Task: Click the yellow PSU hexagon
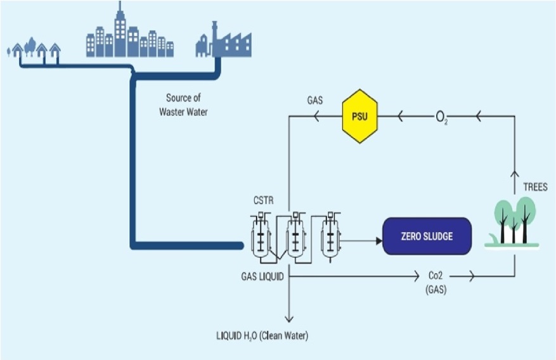click(x=359, y=116)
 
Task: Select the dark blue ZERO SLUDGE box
click(x=427, y=236)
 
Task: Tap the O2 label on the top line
click(x=442, y=117)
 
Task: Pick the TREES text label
click(x=534, y=188)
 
